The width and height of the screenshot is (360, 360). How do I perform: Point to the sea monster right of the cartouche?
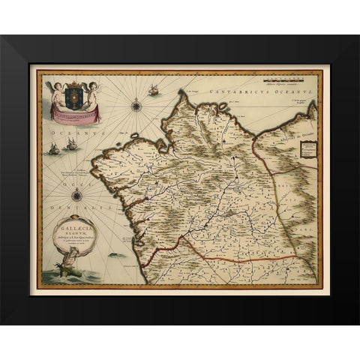[115, 255]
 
